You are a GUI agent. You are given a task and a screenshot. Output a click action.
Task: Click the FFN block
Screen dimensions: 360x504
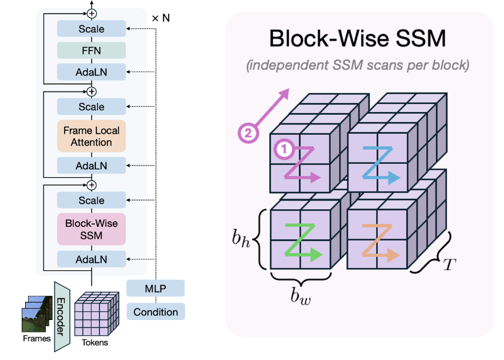pos(91,50)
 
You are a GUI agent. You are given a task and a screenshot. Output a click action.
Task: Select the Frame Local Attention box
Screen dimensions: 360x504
pos(91,136)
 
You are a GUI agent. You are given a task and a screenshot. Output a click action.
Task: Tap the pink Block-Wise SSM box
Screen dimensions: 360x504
pos(91,230)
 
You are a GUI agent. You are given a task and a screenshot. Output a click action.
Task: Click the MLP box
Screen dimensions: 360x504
pos(155,289)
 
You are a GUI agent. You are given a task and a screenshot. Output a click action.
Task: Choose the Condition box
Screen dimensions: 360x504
pos(155,311)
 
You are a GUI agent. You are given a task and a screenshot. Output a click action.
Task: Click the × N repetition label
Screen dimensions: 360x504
pos(161,18)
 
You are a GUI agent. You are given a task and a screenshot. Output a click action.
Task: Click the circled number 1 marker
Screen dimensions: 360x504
pos(284,151)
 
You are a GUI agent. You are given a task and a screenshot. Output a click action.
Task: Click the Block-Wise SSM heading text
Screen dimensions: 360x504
pos(357,39)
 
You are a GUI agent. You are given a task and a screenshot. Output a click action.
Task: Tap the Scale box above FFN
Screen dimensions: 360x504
pos(91,29)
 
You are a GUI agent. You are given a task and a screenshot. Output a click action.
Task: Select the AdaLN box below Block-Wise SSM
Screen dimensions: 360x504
pos(91,259)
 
